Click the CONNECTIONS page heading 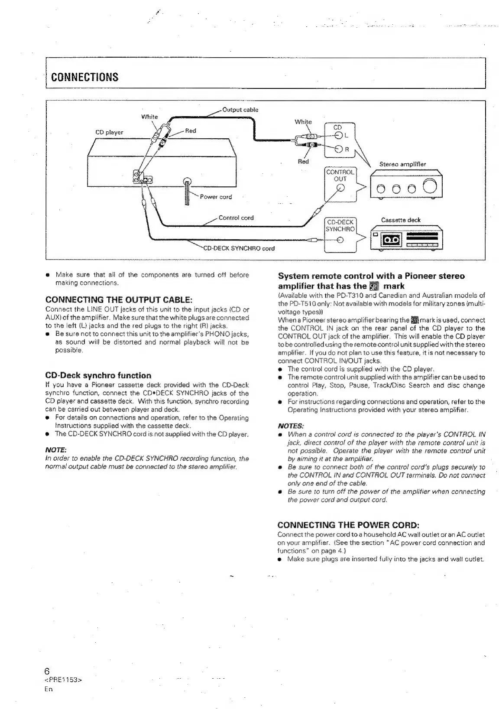tap(85, 77)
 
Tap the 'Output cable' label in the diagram tap(240, 110)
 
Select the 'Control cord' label tap(236, 218)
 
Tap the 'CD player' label tap(109, 132)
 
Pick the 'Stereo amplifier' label tap(402, 164)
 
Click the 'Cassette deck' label tap(401, 220)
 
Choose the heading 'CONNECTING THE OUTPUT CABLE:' tap(119, 300)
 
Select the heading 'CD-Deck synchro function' tap(98, 375)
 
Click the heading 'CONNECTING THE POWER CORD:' tap(348, 526)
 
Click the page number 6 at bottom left tap(48, 671)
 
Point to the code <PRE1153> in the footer tap(64, 680)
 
